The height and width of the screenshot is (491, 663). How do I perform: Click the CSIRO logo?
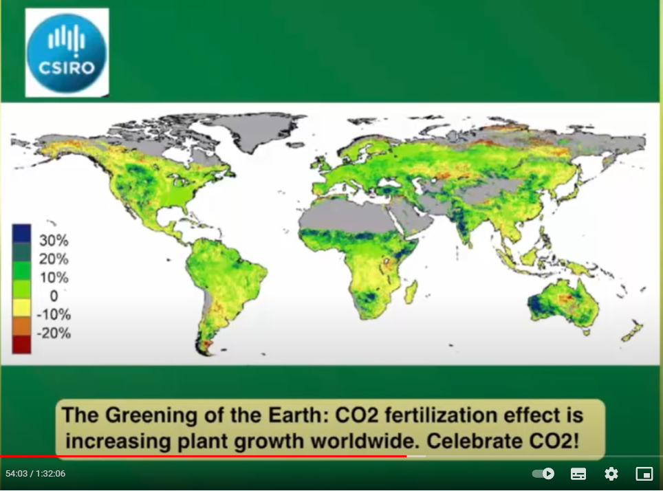click(x=67, y=52)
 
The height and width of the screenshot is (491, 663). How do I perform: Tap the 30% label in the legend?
click(x=54, y=240)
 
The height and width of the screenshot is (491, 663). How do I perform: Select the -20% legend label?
click(x=54, y=334)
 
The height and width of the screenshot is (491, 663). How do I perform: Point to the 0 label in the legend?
click(x=54, y=296)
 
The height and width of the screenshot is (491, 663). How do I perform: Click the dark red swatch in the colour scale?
click(x=21, y=345)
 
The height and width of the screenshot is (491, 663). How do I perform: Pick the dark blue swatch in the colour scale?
click(x=21, y=233)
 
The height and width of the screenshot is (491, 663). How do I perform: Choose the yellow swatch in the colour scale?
click(x=21, y=307)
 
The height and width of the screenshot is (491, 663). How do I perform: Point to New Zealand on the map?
click(x=632, y=331)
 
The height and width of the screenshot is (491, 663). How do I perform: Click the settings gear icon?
click(x=611, y=474)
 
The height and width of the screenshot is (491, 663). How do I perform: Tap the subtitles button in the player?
click(x=578, y=474)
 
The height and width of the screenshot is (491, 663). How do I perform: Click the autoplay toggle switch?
click(x=543, y=474)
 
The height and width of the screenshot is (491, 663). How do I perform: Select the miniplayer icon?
click(x=644, y=474)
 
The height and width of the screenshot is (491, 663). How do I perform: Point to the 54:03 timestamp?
click(x=17, y=474)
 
